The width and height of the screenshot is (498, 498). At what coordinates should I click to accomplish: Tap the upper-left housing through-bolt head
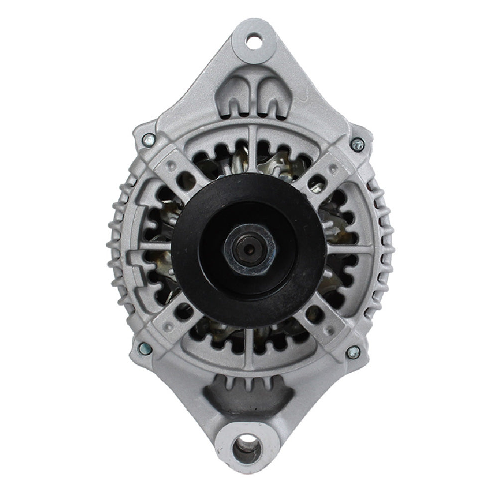tap(148, 140)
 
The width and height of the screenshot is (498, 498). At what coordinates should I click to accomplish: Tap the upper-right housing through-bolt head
tap(357, 144)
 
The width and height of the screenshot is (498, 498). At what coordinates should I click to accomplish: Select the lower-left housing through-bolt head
tap(144, 348)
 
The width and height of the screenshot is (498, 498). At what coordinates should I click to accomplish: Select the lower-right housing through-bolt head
tap(353, 352)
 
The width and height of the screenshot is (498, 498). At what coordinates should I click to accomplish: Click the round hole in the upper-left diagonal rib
tap(185, 180)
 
